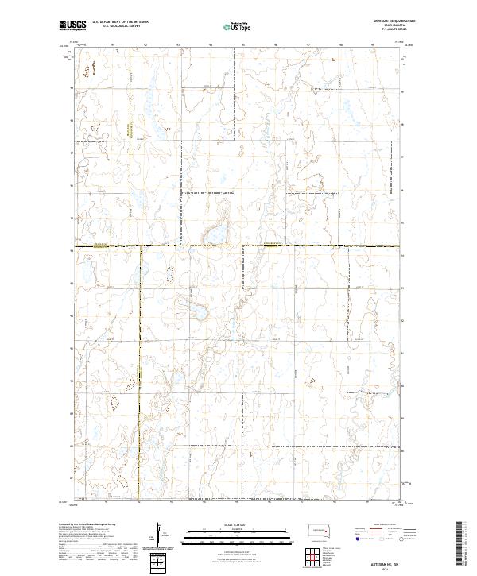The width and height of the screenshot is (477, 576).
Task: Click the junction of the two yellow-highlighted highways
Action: pyautogui.click(x=141, y=247)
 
